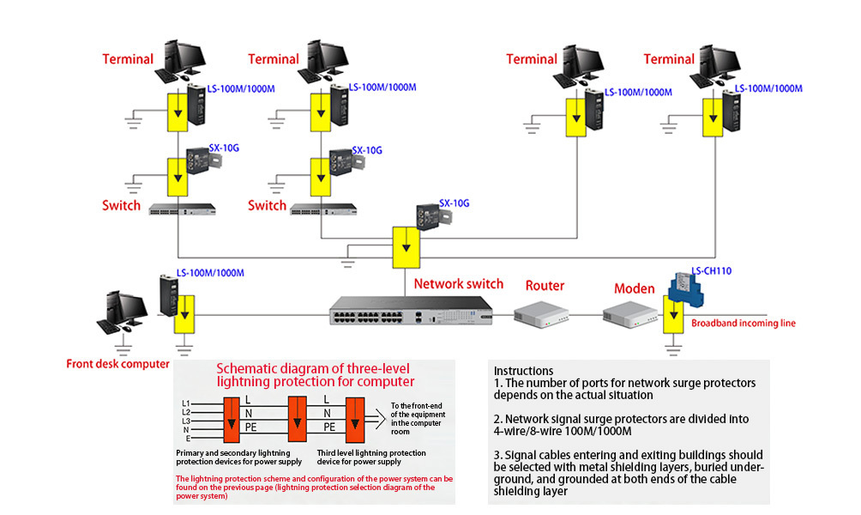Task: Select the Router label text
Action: click(x=545, y=286)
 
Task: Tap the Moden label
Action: click(x=635, y=288)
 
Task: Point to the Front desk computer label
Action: click(x=118, y=363)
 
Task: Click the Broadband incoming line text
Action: click(x=744, y=323)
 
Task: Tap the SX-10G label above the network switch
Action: click(x=455, y=203)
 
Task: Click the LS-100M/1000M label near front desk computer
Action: click(x=210, y=273)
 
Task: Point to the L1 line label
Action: click(x=186, y=403)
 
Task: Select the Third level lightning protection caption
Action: click(x=371, y=452)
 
